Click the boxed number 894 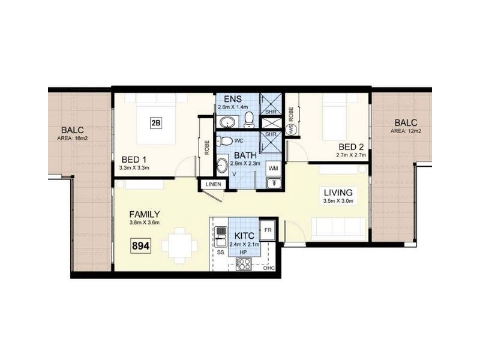pyautogui.click(x=140, y=245)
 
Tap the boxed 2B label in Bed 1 pyautogui.click(x=155, y=123)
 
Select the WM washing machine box pyautogui.click(x=274, y=167)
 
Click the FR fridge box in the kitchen pyautogui.click(x=268, y=229)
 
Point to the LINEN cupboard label pyautogui.click(x=212, y=184)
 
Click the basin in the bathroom pyautogui.click(x=221, y=163)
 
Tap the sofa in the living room pyautogui.click(x=337, y=229)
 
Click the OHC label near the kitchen pyautogui.click(x=268, y=268)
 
